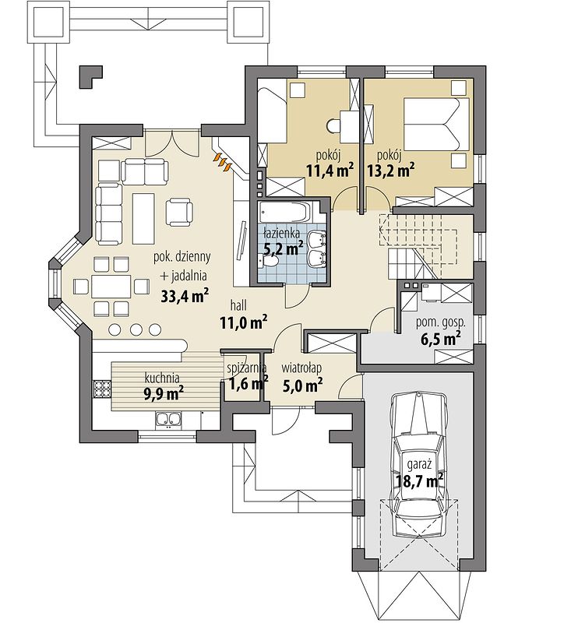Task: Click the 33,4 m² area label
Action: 185,295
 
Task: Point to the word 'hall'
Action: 240,304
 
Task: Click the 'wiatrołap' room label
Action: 302,368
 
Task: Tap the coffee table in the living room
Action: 143,210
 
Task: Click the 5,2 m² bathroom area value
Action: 283,249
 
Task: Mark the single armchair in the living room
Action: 180,209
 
